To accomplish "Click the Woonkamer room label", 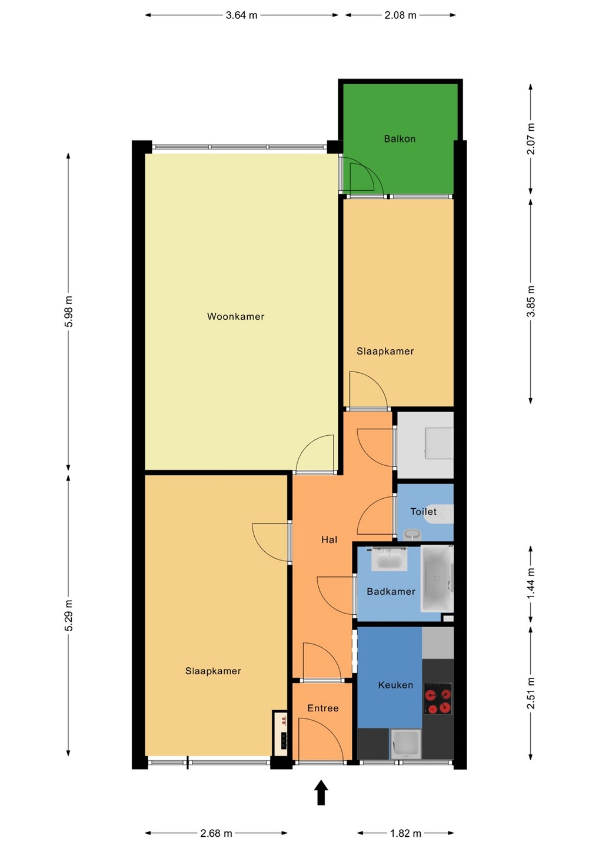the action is [235, 316].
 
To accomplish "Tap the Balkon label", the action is [400, 138].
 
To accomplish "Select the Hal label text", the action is [329, 539].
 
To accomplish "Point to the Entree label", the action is [322, 708].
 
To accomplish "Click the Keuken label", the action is [395, 685].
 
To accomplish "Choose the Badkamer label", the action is [391, 591].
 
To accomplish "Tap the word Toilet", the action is [423, 511].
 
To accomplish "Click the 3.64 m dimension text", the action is [241, 15].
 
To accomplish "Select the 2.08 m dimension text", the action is [400, 15].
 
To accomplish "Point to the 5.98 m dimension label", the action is [68, 312].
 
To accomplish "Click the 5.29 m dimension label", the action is [68, 616].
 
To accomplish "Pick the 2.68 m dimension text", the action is [216, 833].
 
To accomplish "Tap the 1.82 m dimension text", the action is [405, 833].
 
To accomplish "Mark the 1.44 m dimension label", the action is [531, 584].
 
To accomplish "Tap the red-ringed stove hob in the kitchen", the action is [438, 698].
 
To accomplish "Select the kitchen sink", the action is [405, 744].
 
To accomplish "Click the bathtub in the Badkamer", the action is [437, 578].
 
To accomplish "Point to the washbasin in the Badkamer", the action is [389, 559].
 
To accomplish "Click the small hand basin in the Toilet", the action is [412, 534].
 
